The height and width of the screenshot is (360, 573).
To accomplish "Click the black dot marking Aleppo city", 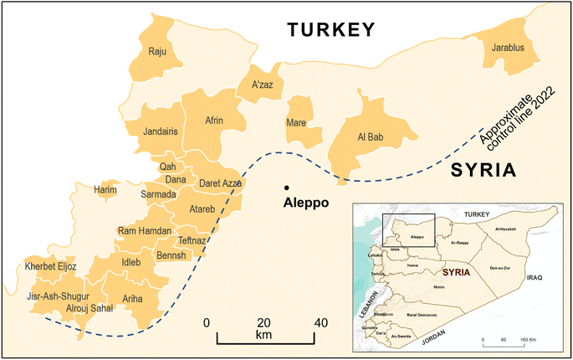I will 287,187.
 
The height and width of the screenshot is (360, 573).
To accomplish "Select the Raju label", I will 158,52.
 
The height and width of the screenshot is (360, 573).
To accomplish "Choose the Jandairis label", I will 166,131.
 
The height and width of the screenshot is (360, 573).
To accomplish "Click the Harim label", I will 106,189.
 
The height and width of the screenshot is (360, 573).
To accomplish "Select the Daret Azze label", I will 221,183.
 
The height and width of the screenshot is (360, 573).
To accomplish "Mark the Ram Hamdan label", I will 144,231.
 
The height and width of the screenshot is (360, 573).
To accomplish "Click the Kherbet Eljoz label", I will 51,266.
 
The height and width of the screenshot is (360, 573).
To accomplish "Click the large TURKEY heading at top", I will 330,30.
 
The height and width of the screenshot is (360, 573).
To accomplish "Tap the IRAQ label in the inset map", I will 535,275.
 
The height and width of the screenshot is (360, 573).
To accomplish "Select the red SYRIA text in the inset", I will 453,273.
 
